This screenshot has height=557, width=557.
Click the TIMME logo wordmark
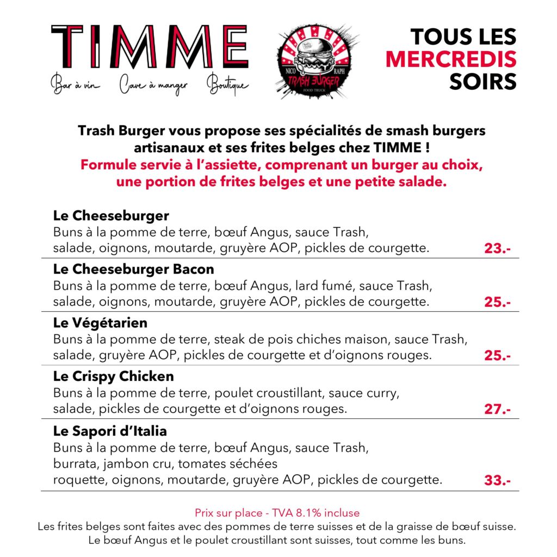(150, 47)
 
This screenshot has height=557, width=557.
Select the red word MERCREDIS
(451, 59)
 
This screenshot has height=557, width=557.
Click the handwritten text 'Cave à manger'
(153, 85)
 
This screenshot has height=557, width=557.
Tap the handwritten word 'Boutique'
(227, 86)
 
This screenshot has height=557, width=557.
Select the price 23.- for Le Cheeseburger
(497, 249)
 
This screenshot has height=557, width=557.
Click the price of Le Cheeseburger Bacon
(497, 302)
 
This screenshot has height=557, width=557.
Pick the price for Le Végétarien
(497, 356)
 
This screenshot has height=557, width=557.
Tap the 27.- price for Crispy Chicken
(497, 409)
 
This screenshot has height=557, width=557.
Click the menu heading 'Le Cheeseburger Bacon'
(134, 269)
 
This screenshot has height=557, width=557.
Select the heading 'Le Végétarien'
(100, 323)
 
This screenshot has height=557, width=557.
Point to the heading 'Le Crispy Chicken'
(114, 376)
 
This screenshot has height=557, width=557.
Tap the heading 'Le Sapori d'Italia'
(110, 431)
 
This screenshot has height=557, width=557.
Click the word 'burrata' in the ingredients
(73, 464)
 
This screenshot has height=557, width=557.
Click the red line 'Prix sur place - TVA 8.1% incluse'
(277, 513)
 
